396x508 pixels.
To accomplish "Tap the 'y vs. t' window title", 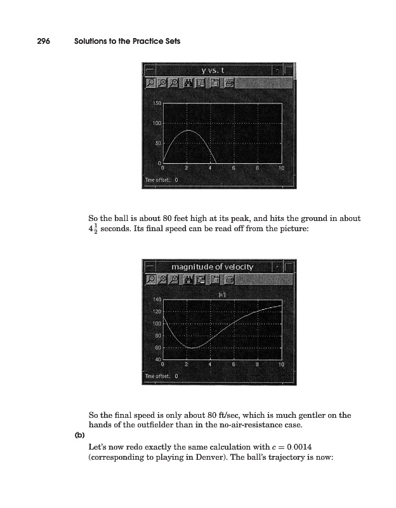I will [218, 70].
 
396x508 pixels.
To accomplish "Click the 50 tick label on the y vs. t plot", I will [159, 144].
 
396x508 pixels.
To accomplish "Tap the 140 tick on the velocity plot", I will [157, 298].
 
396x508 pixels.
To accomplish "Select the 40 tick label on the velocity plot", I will [158, 360].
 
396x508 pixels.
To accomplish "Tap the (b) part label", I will [75, 435].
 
